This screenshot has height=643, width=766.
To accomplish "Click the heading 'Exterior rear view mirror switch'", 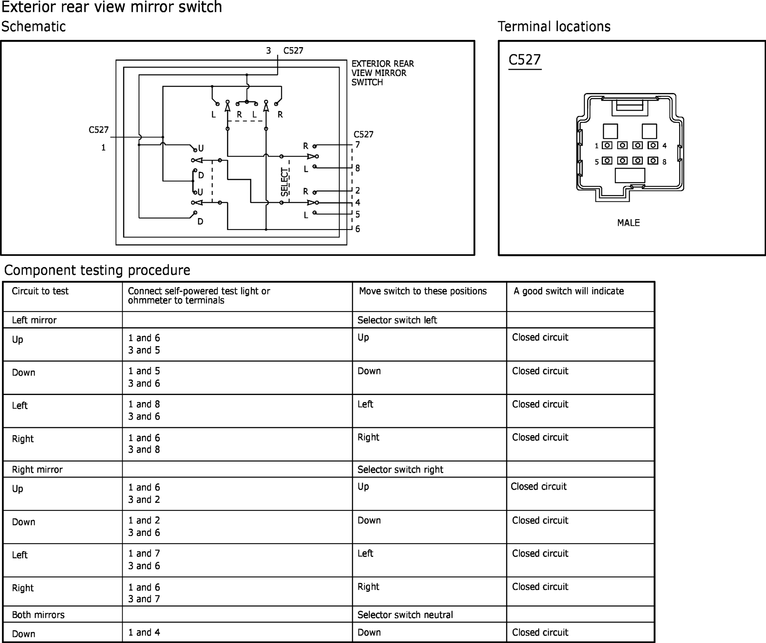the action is pyautogui.click(x=111, y=7).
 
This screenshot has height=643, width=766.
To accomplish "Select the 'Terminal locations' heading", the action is pyautogui.click(x=554, y=27).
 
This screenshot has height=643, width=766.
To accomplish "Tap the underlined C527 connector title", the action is pyautogui.click(x=525, y=60).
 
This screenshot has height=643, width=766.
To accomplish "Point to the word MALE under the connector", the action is pyautogui.click(x=628, y=223).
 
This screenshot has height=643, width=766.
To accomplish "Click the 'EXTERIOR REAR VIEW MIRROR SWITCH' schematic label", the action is pyautogui.click(x=383, y=73).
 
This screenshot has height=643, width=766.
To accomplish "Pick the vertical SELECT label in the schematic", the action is pyautogui.click(x=284, y=182).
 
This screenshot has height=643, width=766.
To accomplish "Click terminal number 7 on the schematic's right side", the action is pyautogui.click(x=357, y=145).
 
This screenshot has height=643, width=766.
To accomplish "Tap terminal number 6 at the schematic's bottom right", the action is pyautogui.click(x=357, y=229).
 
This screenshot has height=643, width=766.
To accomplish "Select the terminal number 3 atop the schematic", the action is pyautogui.click(x=269, y=51).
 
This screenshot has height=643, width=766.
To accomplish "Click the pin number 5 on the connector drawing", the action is pyautogui.click(x=597, y=161).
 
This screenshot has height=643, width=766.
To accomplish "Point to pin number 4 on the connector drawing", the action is pyautogui.click(x=664, y=146).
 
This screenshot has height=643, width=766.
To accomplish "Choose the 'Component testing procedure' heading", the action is pyautogui.click(x=97, y=270).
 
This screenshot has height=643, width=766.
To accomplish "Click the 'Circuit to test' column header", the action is pyautogui.click(x=40, y=291).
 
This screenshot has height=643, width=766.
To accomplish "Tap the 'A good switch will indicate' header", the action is pyautogui.click(x=569, y=291).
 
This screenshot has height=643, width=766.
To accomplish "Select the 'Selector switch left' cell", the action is pyautogui.click(x=397, y=320).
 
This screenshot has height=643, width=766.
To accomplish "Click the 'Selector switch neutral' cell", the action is pyautogui.click(x=405, y=615).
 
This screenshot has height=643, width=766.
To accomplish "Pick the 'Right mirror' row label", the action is pyautogui.click(x=37, y=470).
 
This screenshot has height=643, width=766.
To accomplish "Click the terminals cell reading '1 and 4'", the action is pyautogui.click(x=144, y=633).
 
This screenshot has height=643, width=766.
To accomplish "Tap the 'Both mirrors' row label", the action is pyautogui.click(x=38, y=615).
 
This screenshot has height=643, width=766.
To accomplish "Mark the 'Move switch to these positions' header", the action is pyautogui.click(x=423, y=291).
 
